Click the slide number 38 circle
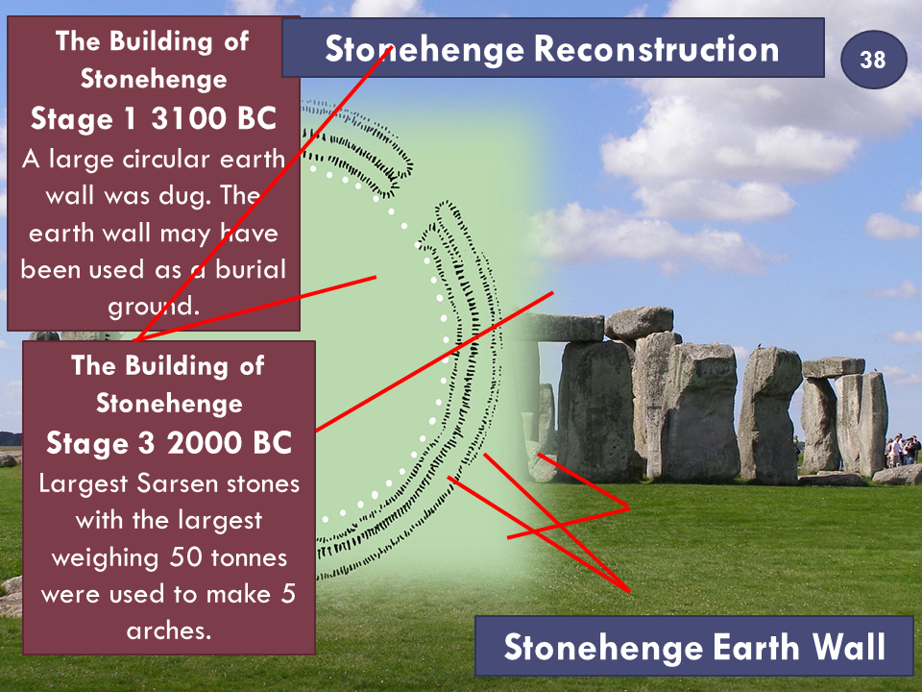tap(874, 60)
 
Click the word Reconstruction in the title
tap(656, 48)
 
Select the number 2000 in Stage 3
tap(205, 443)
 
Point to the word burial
tap(250, 269)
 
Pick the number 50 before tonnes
tap(185, 557)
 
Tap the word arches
tap(169, 631)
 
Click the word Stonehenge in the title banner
tap(425, 48)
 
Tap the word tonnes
tap(249, 557)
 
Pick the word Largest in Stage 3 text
tap(84, 484)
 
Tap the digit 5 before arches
tap(288, 594)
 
